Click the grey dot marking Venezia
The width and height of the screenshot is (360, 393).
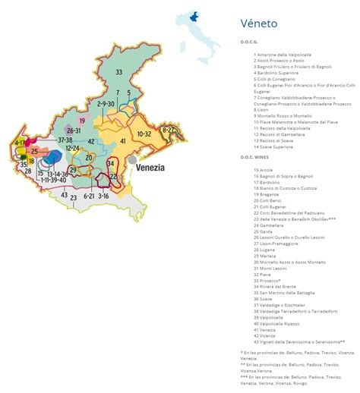click(133, 161)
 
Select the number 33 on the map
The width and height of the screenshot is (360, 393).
click(118, 71)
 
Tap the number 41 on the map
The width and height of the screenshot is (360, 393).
click(122, 141)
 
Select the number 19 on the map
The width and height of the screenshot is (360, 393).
click(82, 121)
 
